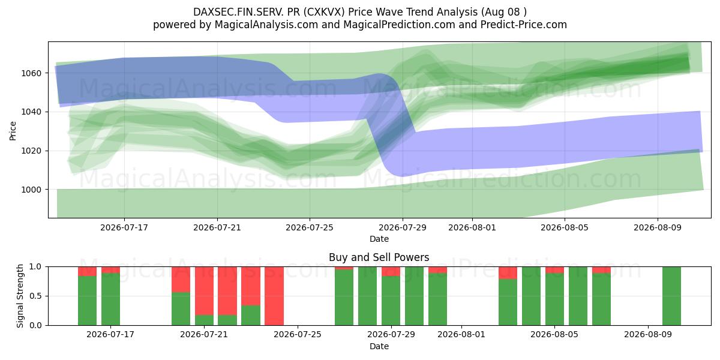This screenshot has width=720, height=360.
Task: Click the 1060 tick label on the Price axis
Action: [x=31, y=73]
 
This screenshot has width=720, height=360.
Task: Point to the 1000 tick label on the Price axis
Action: [x=31, y=190]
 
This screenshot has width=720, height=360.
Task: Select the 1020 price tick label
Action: [x=31, y=151]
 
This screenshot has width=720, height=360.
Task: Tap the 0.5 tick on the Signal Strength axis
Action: [x=35, y=296]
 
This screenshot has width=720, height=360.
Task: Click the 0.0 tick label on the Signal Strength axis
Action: [x=35, y=325]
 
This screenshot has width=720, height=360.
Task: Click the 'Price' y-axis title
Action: [x=13, y=131]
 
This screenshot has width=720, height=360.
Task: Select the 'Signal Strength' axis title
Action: [x=20, y=296]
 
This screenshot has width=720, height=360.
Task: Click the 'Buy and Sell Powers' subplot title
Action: [x=379, y=257]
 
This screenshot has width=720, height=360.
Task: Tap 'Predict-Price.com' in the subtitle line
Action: [x=524, y=25]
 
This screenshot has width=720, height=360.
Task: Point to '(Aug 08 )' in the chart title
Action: [x=503, y=12]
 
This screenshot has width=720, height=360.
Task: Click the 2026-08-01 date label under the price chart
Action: [x=472, y=227]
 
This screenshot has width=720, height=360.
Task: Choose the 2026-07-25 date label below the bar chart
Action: [x=298, y=334]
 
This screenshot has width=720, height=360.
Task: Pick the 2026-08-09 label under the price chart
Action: [x=658, y=227]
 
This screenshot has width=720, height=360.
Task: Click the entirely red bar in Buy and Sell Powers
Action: [x=274, y=296]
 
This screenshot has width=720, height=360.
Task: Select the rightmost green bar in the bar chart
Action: [x=671, y=296]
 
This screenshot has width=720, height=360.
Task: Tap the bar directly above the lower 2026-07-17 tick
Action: [x=110, y=296]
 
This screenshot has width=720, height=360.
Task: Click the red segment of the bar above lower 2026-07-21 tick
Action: [x=204, y=291]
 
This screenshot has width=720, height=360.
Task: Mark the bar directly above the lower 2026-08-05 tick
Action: [x=554, y=296]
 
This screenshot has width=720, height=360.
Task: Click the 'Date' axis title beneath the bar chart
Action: [x=379, y=346]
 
